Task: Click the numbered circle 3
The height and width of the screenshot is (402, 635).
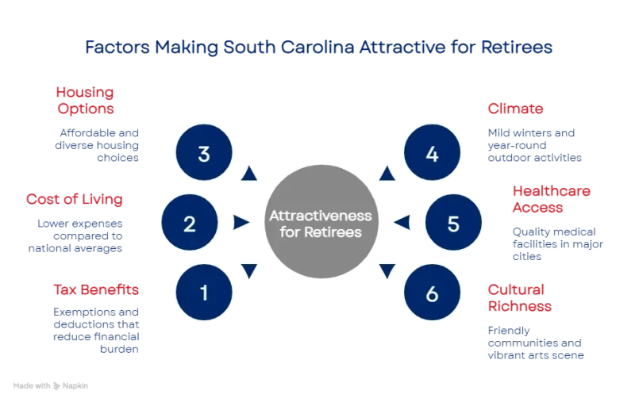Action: coord(204,154)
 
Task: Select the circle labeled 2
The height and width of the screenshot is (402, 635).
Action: coord(190,224)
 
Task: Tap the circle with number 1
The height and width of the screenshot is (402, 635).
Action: coord(204,293)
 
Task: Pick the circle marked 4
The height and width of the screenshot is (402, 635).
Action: coord(432,154)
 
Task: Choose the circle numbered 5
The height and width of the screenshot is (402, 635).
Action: coord(453,224)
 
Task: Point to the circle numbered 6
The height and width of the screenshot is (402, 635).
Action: coord(432,293)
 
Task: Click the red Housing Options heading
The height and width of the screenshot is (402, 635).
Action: coord(84,100)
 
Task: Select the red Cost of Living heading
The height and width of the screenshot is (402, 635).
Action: coord(75,199)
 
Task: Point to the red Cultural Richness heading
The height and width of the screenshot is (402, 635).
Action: coord(519,297)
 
